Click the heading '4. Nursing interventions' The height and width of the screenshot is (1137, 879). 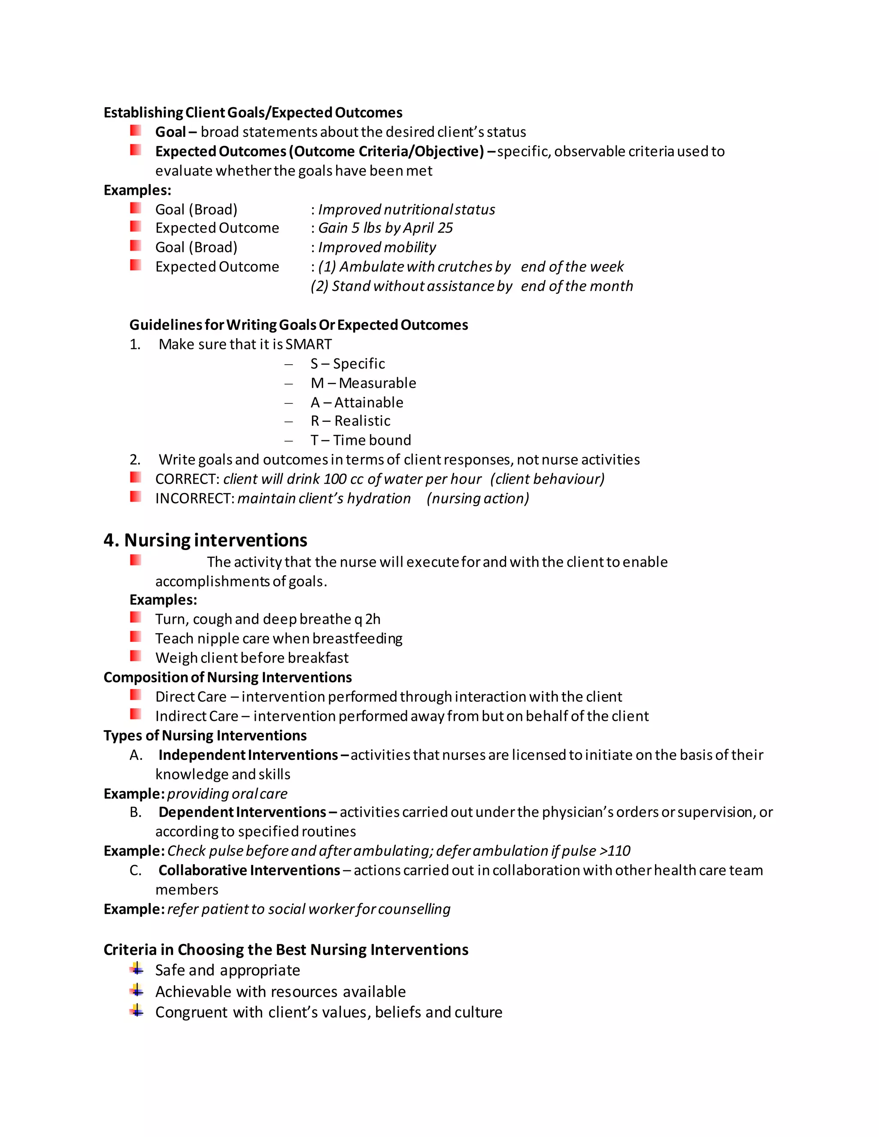[205, 540]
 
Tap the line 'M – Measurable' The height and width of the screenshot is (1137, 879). [363, 383]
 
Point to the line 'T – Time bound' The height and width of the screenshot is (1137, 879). [361, 441]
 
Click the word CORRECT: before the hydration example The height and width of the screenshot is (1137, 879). [188, 479]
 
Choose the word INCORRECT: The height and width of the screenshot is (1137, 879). [195, 499]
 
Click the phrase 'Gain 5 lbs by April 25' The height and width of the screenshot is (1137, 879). [385, 228]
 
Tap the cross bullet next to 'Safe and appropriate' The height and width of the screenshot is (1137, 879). [136, 968]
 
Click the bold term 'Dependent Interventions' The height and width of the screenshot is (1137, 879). [242, 812]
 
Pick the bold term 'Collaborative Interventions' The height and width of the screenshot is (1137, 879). [249, 871]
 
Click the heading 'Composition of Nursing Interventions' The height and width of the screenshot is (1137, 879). [227, 677]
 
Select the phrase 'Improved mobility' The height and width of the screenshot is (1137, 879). [377, 247]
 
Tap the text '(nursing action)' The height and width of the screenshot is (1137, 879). [478, 499]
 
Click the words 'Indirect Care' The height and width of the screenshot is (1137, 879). [196, 717]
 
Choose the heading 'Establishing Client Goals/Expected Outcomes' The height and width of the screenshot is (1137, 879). [252, 112]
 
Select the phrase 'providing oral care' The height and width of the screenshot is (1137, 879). [227, 793]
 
